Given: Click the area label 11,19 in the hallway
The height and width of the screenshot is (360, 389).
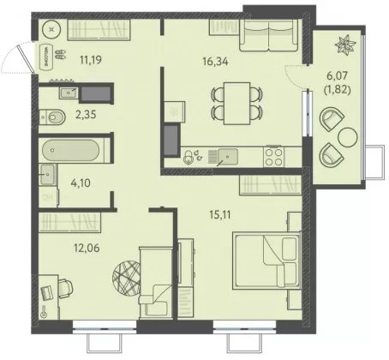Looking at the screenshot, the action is [91, 60].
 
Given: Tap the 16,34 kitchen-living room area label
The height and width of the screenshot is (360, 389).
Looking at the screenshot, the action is [215, 61].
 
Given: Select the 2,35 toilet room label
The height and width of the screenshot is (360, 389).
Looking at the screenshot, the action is [86, 115].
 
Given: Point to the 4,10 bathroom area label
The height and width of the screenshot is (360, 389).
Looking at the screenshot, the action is [81, 183].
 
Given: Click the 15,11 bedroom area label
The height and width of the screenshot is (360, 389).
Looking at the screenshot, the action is [220, 214].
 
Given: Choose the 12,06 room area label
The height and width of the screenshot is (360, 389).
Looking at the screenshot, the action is [87, 248].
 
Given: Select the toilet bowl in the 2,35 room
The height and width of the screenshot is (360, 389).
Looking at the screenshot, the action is [52, 117].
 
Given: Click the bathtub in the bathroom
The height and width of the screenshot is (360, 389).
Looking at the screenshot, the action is [71, 151].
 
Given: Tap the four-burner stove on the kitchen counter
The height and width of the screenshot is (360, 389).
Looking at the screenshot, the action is [273, 156].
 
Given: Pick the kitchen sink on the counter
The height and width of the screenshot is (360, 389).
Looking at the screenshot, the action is [227, 157].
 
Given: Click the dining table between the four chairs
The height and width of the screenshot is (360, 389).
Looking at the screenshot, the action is [237, 104].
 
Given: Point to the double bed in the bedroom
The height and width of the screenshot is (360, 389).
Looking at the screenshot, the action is [266, 261].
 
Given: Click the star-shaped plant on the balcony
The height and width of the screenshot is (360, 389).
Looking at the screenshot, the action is [346, 45].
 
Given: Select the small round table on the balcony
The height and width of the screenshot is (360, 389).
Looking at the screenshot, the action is [347, 137].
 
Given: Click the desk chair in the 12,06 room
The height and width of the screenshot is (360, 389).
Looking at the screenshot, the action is [66, 288].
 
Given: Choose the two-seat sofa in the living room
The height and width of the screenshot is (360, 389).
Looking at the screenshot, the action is [269, 35].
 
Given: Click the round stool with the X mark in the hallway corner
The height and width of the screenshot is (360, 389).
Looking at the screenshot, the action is [51, 29].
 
